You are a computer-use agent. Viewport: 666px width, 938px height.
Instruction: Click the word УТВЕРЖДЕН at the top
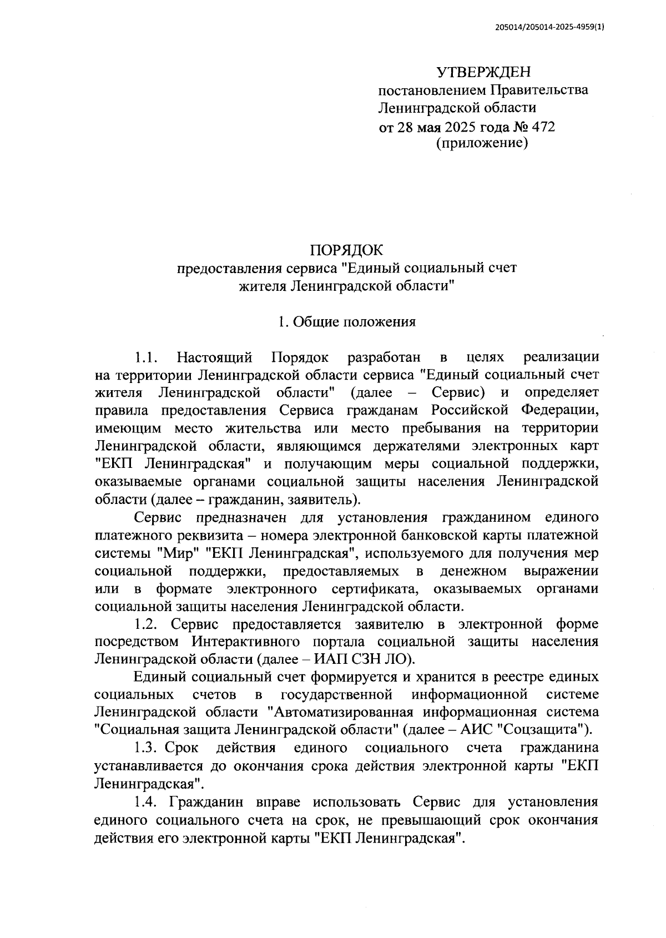pyautogui.click(x=483, y=72)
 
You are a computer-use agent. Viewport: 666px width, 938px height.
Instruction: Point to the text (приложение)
pyautogui.click(x=482, y=144)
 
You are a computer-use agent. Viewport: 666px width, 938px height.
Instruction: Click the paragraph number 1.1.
pyautogui.click(x=147, y=357)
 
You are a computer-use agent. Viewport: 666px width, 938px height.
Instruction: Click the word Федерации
pyautogui.click(x=559, y=410)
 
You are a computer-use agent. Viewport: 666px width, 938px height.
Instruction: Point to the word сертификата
pyautogui.click(x=376, y=588)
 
